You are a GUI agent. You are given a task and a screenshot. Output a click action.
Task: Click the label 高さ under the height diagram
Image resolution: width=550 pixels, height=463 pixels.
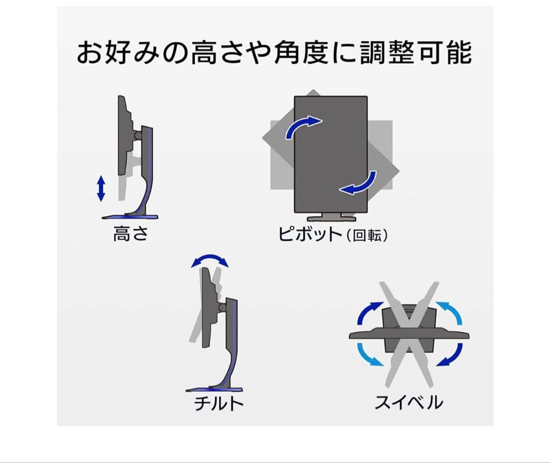(130, 234)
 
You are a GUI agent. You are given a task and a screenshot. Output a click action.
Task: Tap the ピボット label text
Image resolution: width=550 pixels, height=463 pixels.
(310, 235)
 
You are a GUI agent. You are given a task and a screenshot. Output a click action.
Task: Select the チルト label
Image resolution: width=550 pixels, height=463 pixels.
(218, 404)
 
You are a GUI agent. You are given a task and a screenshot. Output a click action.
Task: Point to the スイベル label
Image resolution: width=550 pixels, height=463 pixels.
(409, 403)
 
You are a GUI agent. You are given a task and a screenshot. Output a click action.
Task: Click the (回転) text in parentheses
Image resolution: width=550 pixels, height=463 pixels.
(367, 236)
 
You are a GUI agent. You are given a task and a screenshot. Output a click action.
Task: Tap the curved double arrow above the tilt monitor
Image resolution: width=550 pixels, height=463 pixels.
(210, 261)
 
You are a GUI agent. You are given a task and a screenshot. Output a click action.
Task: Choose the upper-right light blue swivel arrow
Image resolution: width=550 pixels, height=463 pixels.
(449, 312)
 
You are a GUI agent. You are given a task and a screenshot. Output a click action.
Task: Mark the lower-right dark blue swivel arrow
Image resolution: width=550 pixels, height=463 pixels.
(450, 355)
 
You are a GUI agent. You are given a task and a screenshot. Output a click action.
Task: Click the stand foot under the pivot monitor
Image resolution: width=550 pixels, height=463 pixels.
(331, 216)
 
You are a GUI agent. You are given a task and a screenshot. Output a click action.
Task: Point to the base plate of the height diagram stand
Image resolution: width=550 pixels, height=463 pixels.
(130, 217)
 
